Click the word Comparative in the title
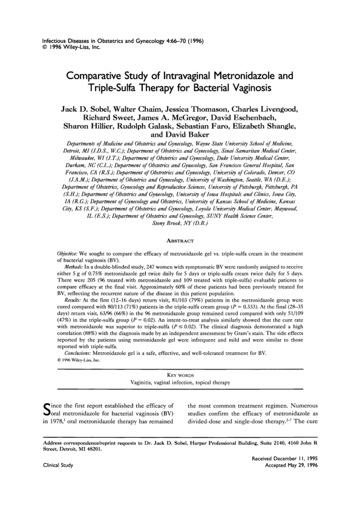point(106,77)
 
